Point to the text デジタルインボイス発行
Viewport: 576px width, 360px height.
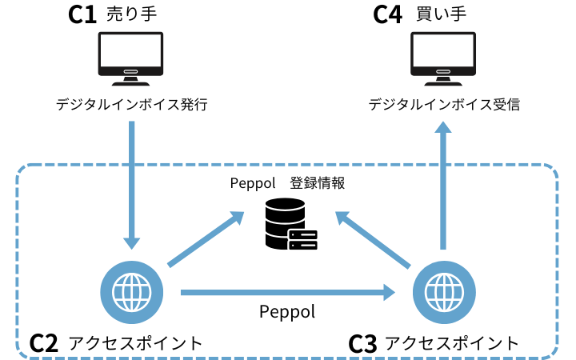coord(132,105)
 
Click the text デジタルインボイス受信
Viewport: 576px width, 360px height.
coord(444,105)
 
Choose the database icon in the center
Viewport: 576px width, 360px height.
coord(290,224)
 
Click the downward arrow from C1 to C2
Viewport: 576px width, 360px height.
coord(132,184)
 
